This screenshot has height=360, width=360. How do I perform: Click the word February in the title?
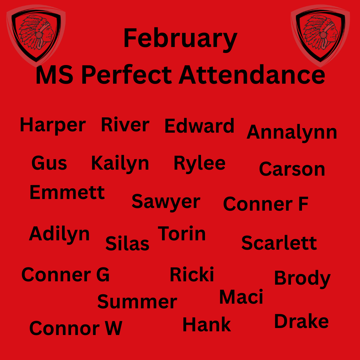[180, 39]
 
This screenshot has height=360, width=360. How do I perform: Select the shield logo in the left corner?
[36, 34]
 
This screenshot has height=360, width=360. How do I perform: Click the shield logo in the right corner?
[320, 34]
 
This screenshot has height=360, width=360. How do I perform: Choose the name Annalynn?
[292, 133]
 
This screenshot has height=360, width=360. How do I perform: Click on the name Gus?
[49, 163]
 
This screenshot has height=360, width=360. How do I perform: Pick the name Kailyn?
[120, 163]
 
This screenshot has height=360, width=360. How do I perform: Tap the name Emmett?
[67, 193]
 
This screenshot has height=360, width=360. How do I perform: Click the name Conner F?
[265, 204]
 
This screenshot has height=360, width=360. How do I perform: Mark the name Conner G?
[65, 275]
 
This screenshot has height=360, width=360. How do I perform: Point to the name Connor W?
[76, 328]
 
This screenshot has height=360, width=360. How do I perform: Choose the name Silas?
[127, 243]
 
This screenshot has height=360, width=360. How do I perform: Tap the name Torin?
[182, 234]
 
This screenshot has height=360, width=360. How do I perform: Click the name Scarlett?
[279, 243]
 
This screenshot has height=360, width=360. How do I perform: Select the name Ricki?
[192, 275]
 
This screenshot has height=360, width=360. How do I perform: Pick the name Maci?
[241, 297]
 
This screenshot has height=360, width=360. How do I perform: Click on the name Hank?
[207, 324]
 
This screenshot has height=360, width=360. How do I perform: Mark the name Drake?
[301, 321]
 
